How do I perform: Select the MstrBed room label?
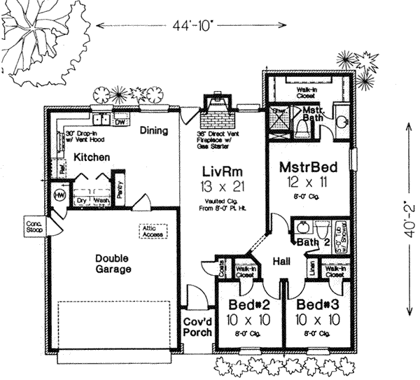click(309, 167)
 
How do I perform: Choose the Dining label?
click(154, 129)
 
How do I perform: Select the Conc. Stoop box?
click(34, 224)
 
